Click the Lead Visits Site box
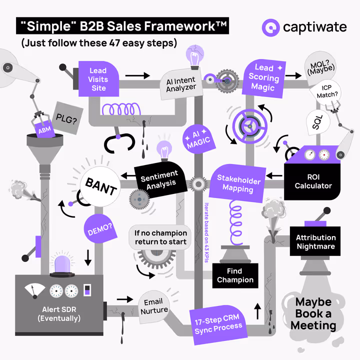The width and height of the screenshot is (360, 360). pyautogui.click(x=98, y=78)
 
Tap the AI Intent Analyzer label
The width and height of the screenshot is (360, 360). pyautogui.click(x=181, y=83)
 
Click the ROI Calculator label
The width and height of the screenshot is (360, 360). pyautogui.click(x=313, y=181)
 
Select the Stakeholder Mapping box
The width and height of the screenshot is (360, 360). pyautogui.click(x=238, y=182)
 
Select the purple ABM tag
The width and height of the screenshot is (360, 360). pyautogui.click(x=43, y=130)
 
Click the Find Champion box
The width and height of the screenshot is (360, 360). pyautogui.click(x=235, y=275)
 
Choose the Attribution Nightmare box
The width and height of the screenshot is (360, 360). pyautogui.click(x=315, y=242)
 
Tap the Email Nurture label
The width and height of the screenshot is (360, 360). pyautogui.click(x=153, y=306)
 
